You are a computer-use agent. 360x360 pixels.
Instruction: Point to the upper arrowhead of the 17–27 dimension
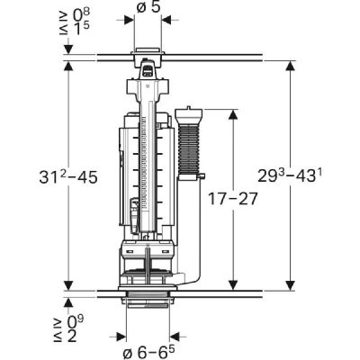click(x=235, y=113)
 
